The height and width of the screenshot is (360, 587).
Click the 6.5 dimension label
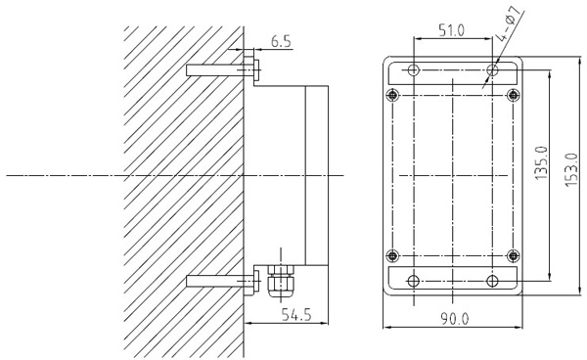point(281,41)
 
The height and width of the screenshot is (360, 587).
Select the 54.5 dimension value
point(296,315)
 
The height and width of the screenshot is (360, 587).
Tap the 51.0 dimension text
point(451,30)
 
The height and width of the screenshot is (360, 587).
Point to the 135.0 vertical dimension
point(541,162)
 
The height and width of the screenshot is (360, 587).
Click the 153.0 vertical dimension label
point(571,170)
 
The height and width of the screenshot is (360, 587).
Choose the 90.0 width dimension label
point(454,319)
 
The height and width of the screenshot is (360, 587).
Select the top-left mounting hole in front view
point(413,70)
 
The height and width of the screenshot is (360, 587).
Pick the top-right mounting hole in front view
point(492,70)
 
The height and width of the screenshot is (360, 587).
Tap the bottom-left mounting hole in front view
point(413,281)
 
